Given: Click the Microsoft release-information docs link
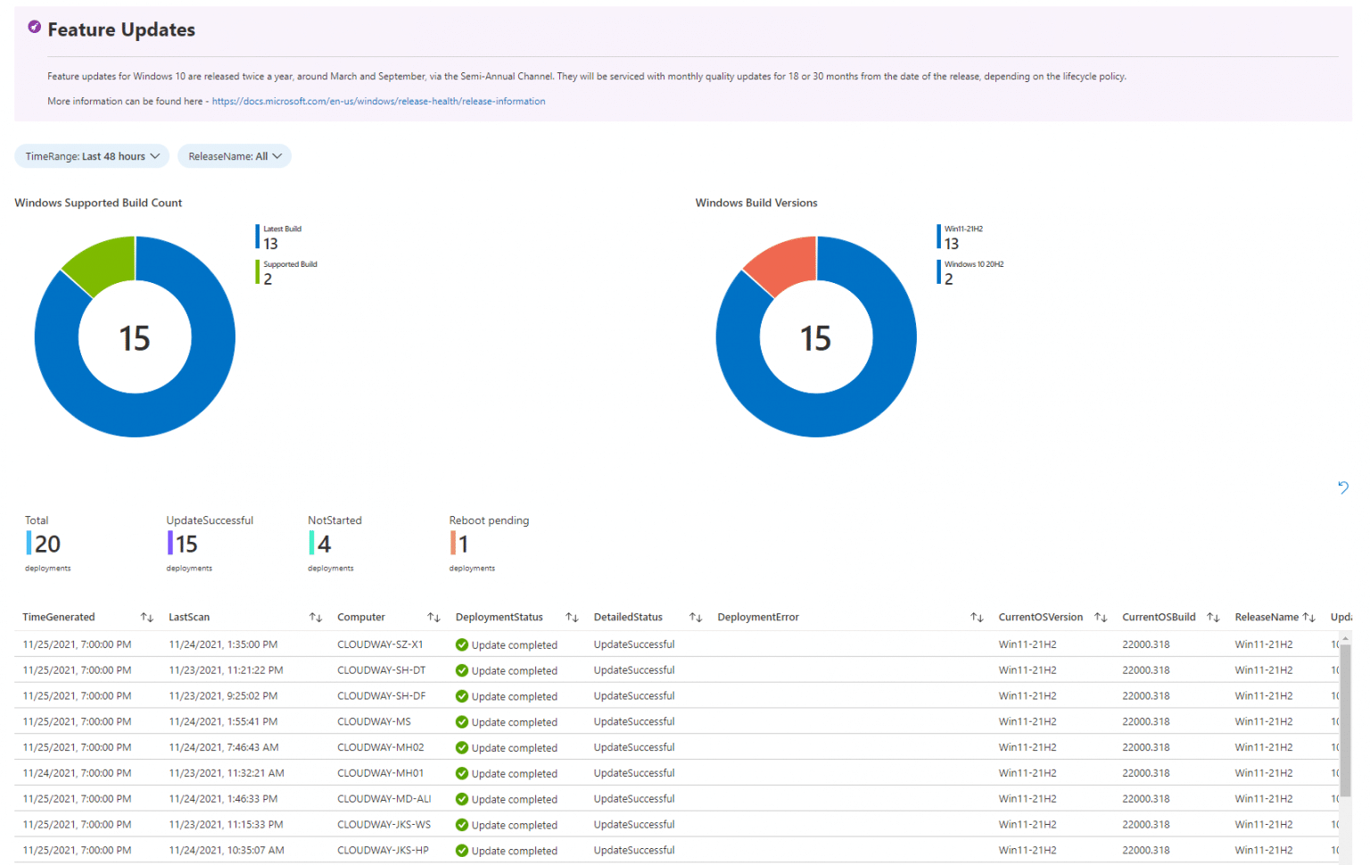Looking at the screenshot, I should pyautogui.click(x=378, y=102).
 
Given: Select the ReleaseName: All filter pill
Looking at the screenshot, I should pyautogui.click(x=234, y=156).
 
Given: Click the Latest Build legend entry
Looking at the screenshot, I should pyautogui.click(x=282, y=237).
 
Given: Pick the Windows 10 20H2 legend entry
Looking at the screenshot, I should pyautogui.click(x=972, y=272).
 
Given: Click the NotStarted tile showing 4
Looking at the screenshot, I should pyautogui.click(x=323, y=544).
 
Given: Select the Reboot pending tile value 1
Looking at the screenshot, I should pyautogui.click(x=463, y=544).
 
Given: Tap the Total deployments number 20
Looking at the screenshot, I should pyautogui.click(x=47, y=544).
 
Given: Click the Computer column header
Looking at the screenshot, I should pyautogui.click(x=361, y=617).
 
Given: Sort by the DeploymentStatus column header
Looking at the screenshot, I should pyautogui.click(x=499, y=617).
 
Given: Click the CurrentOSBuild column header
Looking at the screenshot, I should pyautogui.click(x=1159, y=617).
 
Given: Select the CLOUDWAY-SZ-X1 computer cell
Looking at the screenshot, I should pyautogui.click(x=380, y=645).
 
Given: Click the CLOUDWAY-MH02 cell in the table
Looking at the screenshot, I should pyautogui.click(x=380, y=747).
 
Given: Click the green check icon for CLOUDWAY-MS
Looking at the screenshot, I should pyautogui.click(x=462, y=722).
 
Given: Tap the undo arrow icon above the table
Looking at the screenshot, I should pyautogui.click(x=1343, y=487).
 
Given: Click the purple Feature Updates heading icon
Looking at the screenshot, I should pyautogui.click(x=34, y=28).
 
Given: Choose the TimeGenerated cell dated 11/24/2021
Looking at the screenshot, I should pyautogui.click(x=77, y=773).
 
